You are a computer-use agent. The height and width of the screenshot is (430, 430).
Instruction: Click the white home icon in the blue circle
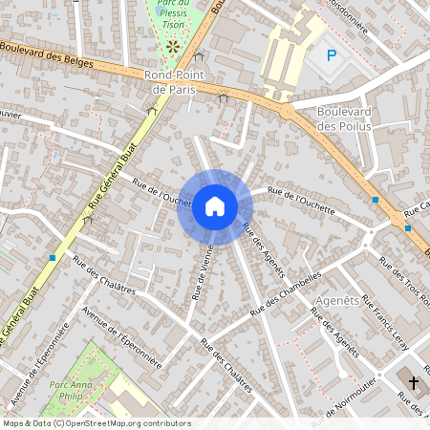click(x=214, y=206)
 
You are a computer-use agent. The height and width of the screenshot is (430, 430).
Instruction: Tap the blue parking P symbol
click(x=332, y=55)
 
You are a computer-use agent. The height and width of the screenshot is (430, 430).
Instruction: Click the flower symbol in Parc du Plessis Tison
click(x=172, y=45)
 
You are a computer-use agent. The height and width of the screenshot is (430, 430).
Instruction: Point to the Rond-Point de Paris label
click(x=173, y=81)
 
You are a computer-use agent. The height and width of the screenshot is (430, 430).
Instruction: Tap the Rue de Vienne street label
click(x=202, y=272)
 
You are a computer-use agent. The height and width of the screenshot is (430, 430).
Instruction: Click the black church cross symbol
click(x=414, y=383)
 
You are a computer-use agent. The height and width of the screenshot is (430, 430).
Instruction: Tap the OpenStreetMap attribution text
click(x=97, y=422)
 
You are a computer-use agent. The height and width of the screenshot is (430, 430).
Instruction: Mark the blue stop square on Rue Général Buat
click(x=53, y=258)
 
